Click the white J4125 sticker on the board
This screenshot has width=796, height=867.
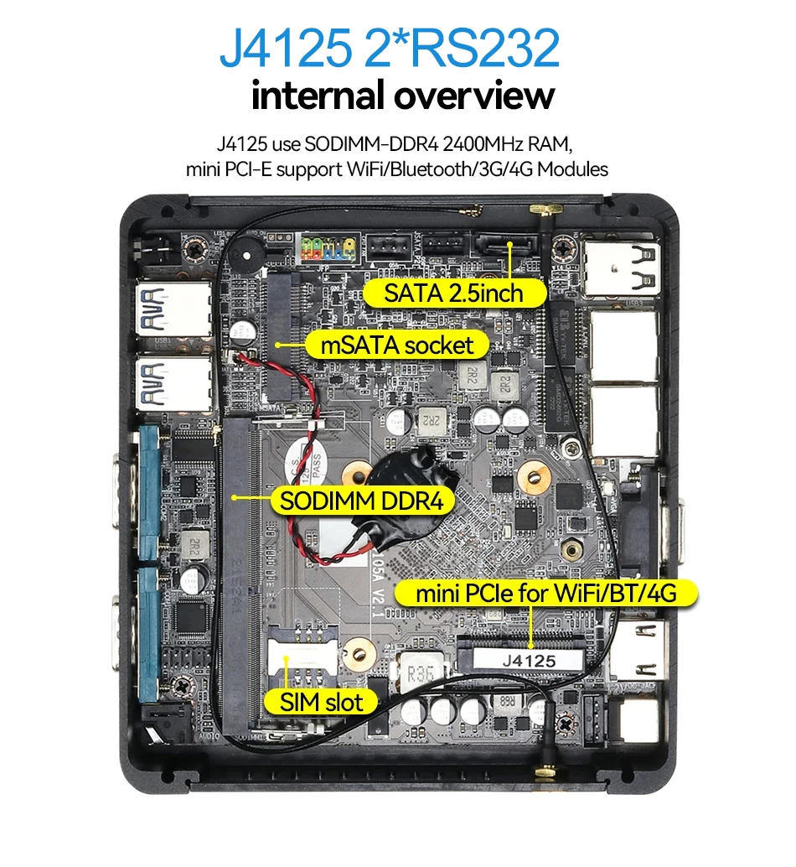(x=528, y=661)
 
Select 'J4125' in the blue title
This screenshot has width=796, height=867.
(x=284, y=49)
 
